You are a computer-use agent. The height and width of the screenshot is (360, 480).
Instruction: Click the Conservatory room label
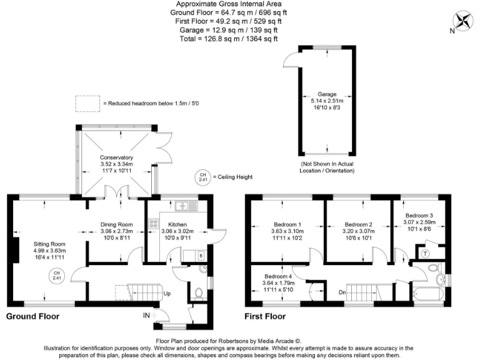116,157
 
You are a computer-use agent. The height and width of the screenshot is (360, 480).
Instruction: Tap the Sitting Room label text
49,244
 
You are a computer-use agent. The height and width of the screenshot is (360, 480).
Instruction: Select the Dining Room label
117,224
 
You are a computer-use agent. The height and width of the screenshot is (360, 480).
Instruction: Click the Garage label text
327,94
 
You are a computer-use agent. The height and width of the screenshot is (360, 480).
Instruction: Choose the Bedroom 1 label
287,224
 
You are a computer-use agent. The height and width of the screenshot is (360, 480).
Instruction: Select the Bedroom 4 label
277,276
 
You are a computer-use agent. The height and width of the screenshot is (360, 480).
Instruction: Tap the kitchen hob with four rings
152,222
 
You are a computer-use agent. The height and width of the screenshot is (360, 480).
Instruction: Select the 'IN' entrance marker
146,316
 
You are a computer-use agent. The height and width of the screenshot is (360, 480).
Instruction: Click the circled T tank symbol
426,252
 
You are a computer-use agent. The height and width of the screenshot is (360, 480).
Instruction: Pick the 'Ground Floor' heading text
32,316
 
